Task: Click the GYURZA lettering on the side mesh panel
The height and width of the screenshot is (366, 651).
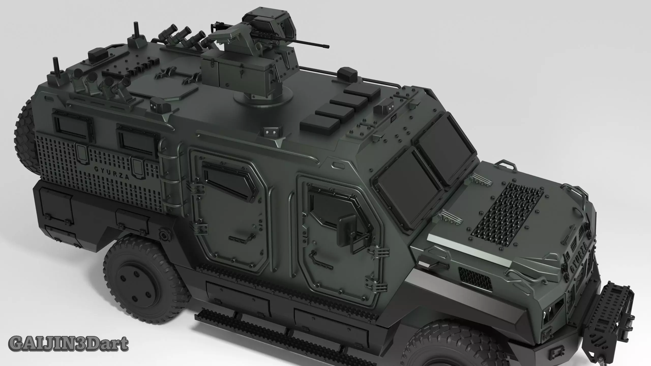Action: pyautogui.click(x=111, y=173)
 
